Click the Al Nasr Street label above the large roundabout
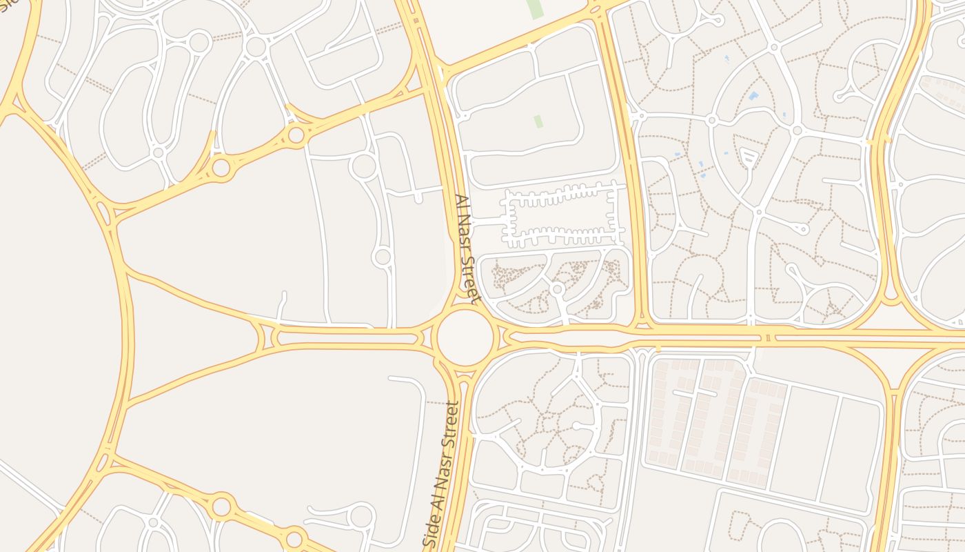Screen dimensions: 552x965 [467, 249]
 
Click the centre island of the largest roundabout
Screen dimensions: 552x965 [465, 337]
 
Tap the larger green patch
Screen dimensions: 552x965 [534, 8]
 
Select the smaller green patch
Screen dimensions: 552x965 [538, 121]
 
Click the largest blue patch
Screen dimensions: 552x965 [753, 96]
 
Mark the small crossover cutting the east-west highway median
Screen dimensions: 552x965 [767, 337]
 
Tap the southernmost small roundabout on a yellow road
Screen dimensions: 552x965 [294, 538]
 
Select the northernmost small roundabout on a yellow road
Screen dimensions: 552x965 [296, 135]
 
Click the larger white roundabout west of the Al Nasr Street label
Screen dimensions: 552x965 [363, 166]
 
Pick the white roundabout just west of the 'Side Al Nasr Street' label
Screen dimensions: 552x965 [360, 515]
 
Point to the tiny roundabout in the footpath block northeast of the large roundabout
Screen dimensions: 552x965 [557, 289]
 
